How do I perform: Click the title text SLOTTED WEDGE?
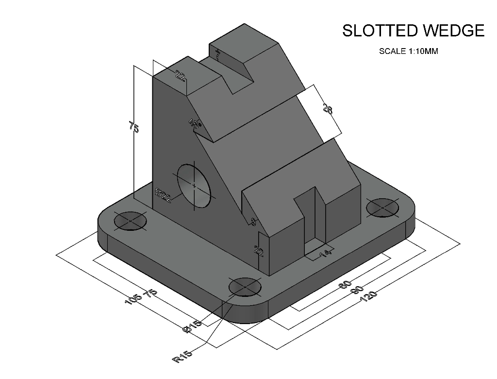pyautogui.click(x=413, y=31)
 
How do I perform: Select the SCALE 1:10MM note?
pyautogui.click(x=408, y=51)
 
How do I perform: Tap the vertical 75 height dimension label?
pyautogui.click(x=134, y=127)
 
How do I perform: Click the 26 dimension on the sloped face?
pyautogui.click(x=328, y=110)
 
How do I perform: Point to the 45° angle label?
pyautogui.click(x=195, y=124)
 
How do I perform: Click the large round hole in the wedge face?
pyautogui.click(x=195, y=186)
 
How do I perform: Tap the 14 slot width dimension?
pyautogui.click(x=326, y=253)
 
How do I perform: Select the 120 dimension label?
pyautogui.click(x=369, y=295)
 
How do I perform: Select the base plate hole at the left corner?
pyautogui.click(x=131, y=221)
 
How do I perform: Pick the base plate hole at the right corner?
pyautogui.click(x=382, y=207)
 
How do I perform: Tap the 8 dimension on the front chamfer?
pyautogui.click(x=253, y=222)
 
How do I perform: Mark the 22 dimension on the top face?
pyautogui.click(x=180, y=76)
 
